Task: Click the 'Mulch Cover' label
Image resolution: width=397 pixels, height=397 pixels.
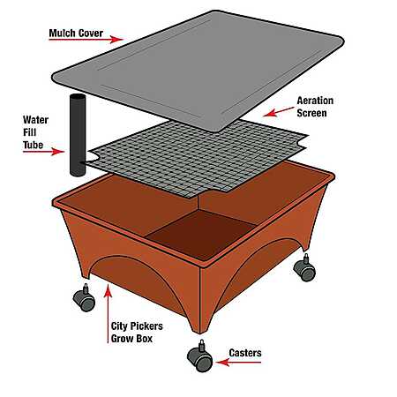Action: (x=76, y=34)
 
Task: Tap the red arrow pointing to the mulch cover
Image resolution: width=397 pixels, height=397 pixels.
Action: (x=86, y=39)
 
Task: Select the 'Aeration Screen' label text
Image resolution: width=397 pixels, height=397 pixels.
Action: (x=315, y=107)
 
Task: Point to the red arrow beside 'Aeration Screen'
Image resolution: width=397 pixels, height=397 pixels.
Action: (x=278, y=112)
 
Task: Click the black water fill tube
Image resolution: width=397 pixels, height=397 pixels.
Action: (x=78, y=135)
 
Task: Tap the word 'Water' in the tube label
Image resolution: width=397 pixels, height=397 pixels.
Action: (x=35, y=120)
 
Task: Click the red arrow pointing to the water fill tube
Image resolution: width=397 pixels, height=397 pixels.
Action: (x=43, y=152)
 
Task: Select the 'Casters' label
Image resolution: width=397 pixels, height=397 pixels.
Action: (x=245, y=353)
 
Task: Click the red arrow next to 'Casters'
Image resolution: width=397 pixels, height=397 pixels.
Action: (x=238, y=363)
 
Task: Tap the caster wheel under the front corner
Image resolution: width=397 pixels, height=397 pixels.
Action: (x=200, y=356)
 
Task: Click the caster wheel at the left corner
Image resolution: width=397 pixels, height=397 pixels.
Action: (x=84, y=298)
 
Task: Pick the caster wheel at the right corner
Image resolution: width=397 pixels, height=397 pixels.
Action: (x=304, y=268)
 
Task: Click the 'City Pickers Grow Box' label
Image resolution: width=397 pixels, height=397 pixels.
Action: (x=137, y=333)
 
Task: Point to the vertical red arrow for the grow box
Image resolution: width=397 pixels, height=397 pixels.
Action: (x=108, y=313)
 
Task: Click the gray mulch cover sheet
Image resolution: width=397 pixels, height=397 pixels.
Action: (x=198, y=71)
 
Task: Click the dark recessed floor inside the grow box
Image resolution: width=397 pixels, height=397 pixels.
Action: (x=201, y=234)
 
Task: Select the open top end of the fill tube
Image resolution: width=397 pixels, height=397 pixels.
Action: (x=78, y=96)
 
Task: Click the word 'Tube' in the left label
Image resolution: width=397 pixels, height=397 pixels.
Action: (x=33, y=145)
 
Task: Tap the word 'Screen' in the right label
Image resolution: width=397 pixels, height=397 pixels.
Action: (x=311, y=113)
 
